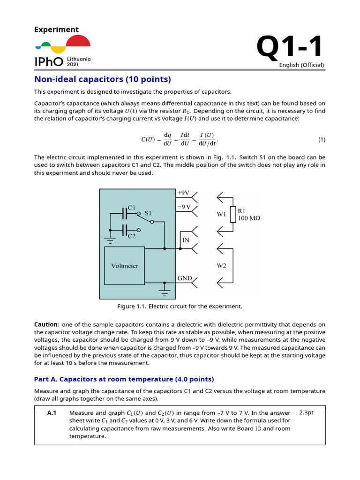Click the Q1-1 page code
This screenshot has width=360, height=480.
coord(290,48)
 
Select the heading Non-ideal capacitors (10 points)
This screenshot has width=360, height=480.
coord(103,79)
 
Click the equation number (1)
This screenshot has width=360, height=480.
coord(322,140)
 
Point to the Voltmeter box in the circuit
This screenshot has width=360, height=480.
coord(125,266)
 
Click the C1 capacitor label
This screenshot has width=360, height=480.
coord(132,207)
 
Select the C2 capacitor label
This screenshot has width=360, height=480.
coord(132,236)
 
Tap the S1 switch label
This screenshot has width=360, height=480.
coord(148,213)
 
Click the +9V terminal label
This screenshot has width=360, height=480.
coord(183,193)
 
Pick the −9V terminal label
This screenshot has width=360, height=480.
coord(183,207)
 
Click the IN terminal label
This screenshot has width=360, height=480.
coord(185,240)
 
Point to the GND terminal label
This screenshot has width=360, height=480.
coord(185,278)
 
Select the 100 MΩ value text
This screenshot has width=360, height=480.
coord(250,218)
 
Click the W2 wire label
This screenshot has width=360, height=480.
coord(221,266)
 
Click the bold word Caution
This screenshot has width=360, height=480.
coord(46,325)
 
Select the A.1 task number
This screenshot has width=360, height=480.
coord(52,412)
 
